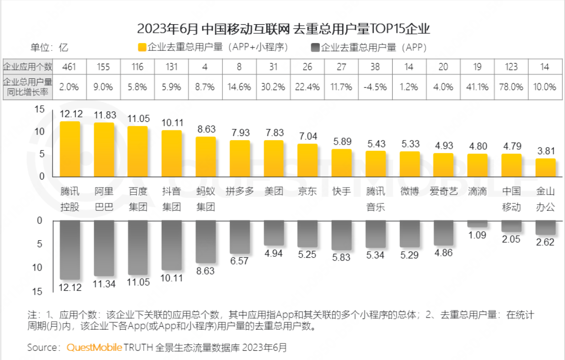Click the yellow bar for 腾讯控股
click(70, 149)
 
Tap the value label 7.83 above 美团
click(273, 132)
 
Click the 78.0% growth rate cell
click(511, 86)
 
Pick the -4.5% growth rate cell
click(375, 86)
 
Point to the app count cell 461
click(70, 67)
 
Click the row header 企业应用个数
click(28, 67)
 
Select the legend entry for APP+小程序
click(213, 48)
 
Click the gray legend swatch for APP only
click(315, 48)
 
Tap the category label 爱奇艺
click(443, 192)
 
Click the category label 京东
click(307, 192)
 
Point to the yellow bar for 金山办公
click(545, 167)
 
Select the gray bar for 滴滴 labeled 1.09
click(477, 223)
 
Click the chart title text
click(283, 28)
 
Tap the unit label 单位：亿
click(49, 48)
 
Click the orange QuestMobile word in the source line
click(94, 348)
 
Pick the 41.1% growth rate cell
click(477, 86)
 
